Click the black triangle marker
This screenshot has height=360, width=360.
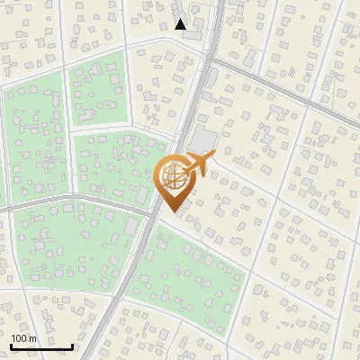tap(180, 24)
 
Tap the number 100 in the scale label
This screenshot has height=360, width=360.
tap(20, 338)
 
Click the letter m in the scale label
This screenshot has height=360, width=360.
tap(33, 338)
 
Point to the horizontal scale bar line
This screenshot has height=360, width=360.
tap(41, 346)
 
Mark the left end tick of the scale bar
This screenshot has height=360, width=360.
tap(11, 345)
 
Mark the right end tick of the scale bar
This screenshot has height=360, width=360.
tap(72, 345)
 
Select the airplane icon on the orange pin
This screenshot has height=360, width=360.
tap(197, 165)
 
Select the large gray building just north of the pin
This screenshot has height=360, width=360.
tap(202, 140)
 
